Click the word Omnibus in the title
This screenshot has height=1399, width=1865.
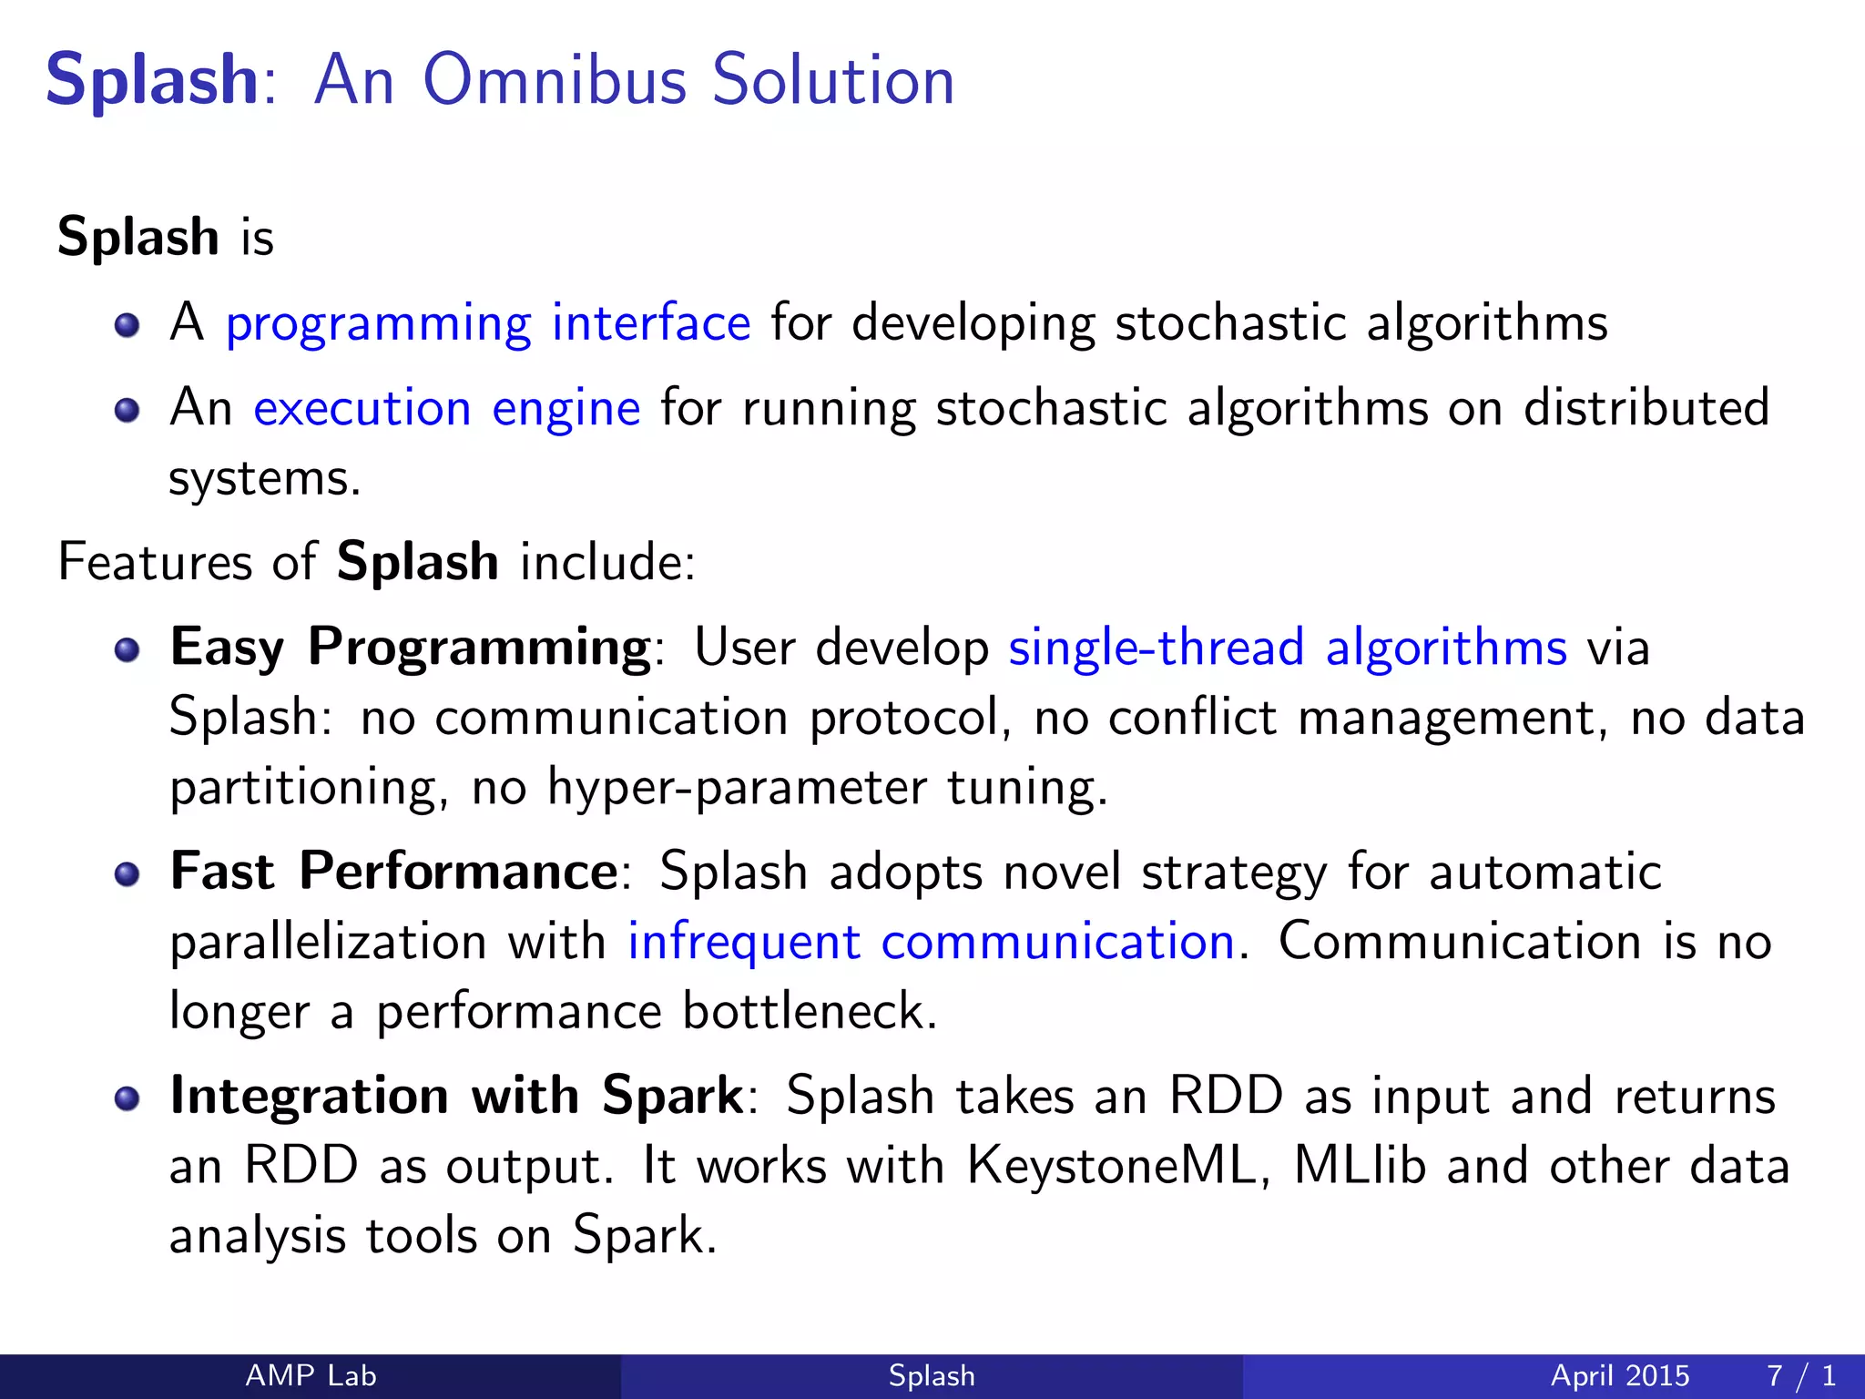click(x=554, y=80)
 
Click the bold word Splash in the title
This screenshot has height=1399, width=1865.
click(x=152, y=80)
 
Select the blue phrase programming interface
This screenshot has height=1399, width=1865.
click(x=488, y=323)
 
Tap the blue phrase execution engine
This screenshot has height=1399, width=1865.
click(x=446, y=407)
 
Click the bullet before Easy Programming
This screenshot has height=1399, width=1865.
click(x=127, y=648)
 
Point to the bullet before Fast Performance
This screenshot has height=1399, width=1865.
click(x=127, y=873)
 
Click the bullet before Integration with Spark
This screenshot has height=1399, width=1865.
click(x=127, y=1098)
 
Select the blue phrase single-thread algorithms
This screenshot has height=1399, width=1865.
click(x=1287, y=648)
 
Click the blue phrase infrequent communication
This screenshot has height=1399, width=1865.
click(x=931, y=942)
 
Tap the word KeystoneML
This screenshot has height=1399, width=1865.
click(x=1110, y=1166)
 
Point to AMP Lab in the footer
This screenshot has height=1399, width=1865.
click(x=311, y=1375)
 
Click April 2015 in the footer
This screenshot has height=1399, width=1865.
click(x=1619, y=1375)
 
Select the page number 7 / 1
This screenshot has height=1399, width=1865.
click(x=1800, y=1375)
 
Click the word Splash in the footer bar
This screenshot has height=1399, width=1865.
click(x=932, y=1375)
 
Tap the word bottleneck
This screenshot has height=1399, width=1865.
click(x=809, y=1011)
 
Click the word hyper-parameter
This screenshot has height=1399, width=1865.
click(x=736, y=787)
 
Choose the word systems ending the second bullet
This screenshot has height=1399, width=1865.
click(x=263, y=479)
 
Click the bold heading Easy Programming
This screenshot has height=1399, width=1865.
click(x=410, y=648)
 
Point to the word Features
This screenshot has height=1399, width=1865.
click(x=155, y=562)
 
